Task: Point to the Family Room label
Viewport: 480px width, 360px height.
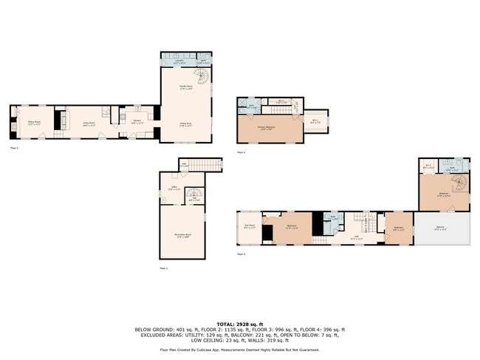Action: (x=185, y=86)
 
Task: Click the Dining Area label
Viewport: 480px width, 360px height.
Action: (x=185, y=124)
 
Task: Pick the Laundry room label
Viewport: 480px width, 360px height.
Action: (x=169, y=62)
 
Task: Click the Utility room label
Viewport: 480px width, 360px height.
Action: (x=174, y=189)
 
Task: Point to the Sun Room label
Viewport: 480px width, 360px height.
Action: (x=250, y=225)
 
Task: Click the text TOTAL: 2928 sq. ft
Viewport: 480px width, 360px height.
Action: (x=239, y=323)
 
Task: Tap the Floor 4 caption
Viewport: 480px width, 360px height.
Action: (x=241, y=152)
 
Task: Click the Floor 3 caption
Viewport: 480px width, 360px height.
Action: (x=241, y=254)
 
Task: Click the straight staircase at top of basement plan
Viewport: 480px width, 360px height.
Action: (x=210, y=164)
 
